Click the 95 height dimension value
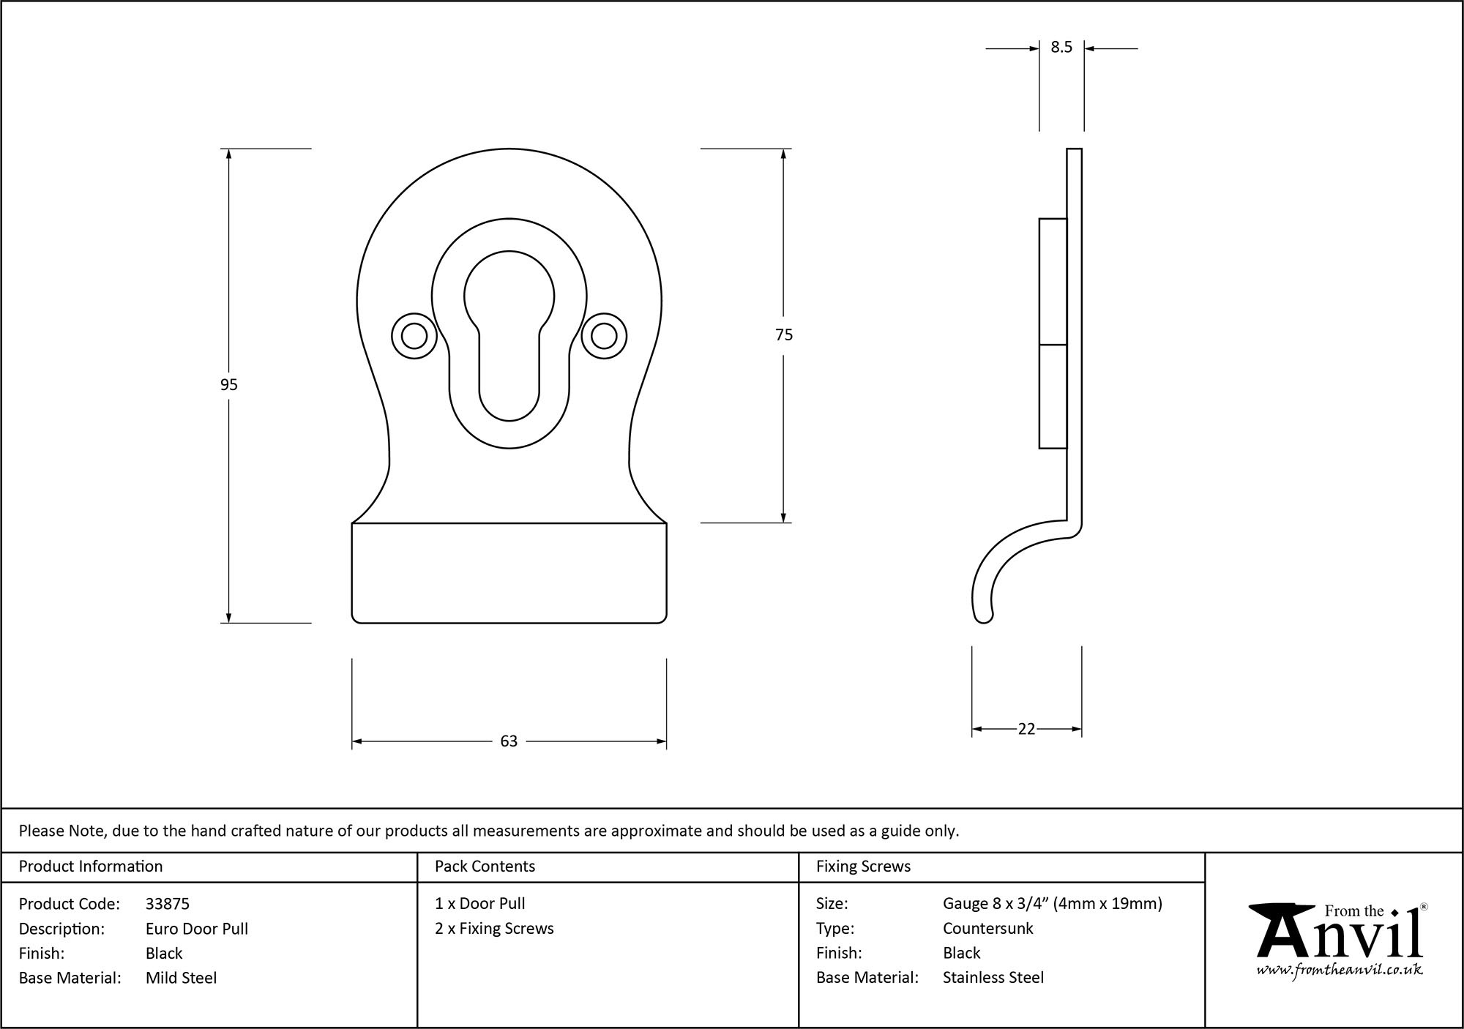click(228, 385)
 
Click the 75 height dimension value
click(783, 335)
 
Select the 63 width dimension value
click(509, 741)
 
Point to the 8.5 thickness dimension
click(1061, 48)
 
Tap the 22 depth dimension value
click(1026, 729)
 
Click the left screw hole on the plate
click(414, 337)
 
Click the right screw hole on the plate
click(604, 337)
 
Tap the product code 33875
click(168, 904)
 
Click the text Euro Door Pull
click(197, 929)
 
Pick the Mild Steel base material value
click(181, 978)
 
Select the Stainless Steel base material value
click(993, 978)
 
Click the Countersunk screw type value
click(987, 929)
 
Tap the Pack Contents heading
click(485, 867)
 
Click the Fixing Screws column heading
click(863, 867)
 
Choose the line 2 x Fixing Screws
click(494, 929)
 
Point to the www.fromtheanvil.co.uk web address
click(1340, 970)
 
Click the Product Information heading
click(91, 867)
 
